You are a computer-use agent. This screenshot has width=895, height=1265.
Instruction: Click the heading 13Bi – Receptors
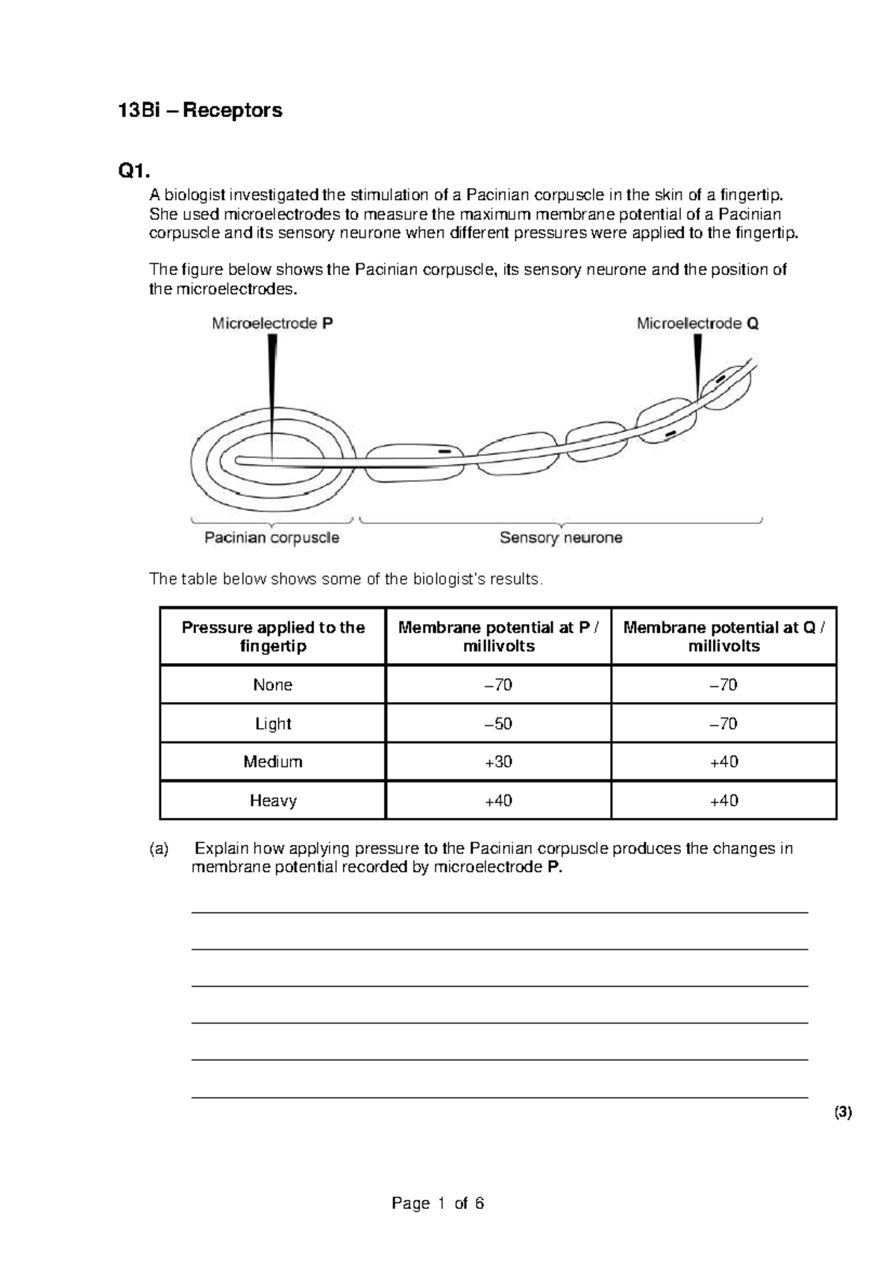point(200,110)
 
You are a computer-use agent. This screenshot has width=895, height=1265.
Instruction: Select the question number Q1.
point(134,172)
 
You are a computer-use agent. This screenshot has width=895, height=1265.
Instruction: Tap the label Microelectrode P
point(272,324)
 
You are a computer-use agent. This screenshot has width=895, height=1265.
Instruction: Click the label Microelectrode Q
point(697,324)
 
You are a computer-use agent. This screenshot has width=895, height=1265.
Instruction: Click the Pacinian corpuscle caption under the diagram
point(271,538)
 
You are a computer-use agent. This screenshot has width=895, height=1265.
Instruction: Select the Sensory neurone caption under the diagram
point(561,538)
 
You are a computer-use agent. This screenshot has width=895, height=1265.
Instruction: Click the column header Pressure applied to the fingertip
point(273,636)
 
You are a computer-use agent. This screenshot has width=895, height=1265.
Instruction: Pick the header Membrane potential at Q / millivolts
point(723,636)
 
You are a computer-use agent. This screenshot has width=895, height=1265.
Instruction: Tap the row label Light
point(273,723)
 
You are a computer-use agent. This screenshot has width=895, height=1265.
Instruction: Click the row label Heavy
point(273,800)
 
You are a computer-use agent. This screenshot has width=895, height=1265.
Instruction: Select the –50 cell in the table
point(498,723)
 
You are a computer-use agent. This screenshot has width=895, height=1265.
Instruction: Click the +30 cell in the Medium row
point(498,762)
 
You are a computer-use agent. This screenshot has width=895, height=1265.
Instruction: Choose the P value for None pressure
point(498,685)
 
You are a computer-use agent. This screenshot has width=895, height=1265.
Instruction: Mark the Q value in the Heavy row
point(723,800)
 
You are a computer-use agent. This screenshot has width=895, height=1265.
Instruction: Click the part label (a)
point(159,849)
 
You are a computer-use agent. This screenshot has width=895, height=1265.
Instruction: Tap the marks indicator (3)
point(843,1113)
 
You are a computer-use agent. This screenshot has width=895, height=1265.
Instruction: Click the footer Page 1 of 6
point(438,1203)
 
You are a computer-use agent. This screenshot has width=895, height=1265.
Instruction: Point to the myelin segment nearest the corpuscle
point(414,460)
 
